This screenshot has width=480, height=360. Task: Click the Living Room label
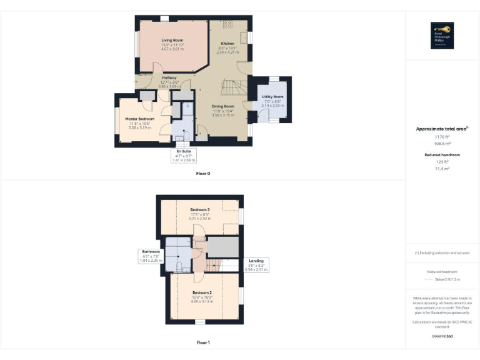pyautogui.click(x=172, y=39)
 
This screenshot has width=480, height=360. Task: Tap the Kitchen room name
pyautogui.click(x=227, y=43)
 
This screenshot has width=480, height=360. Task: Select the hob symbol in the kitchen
pyautogui.click(x=227, y=24)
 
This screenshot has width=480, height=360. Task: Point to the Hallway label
pyautogui.click(x=169, y=77)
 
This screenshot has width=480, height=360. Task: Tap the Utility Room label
pyautogui.click(x=272, y=97)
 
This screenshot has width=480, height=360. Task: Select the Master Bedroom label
pyautogui.click(x=139, y=119)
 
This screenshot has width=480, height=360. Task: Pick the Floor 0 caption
pyautogui.click(x=203, y=173)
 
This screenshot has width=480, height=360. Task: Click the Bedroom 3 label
pyautogui.click(x=200, y=209)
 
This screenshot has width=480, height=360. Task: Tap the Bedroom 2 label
pyautogui.click(x=201, y=292)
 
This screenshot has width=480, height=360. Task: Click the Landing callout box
pyautogui.click(x=256, y=264)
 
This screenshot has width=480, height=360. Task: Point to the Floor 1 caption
pyautogui.click(x=203, y=342)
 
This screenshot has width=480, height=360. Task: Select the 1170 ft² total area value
pyautogui.click(x=442, y=136)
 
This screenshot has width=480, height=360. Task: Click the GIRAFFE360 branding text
pyautogui.click(x=442, y=336)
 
